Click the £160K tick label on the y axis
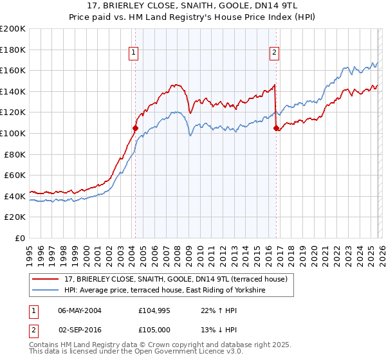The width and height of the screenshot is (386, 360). click(13, 70)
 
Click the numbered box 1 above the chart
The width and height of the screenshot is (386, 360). click(133, 53)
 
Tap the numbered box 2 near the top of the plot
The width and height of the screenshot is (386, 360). click(274, 53)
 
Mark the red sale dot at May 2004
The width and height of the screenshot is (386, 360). click(136, 128)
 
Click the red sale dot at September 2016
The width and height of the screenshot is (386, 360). click(276, 128)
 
